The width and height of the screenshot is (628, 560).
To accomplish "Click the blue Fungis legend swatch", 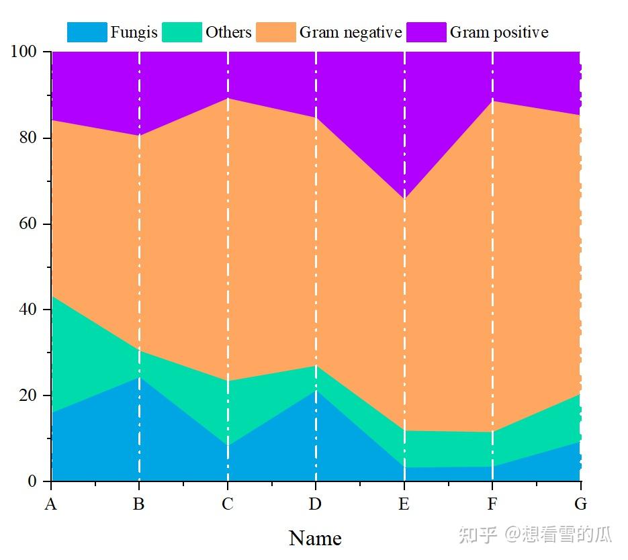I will [x=87, y=32].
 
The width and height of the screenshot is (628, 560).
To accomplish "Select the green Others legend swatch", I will [x=182, y=32].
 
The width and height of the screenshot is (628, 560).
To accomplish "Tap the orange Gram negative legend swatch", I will [x=275, y=32].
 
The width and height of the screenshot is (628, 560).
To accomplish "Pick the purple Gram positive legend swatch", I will [x=427, y=32].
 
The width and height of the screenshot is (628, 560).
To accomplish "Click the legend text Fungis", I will [x=134, y=32].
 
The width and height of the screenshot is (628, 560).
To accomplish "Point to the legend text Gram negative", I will [x=351, y=32].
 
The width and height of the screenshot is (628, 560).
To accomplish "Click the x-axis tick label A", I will [x=50, y=504].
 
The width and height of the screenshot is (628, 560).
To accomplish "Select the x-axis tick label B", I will [x=139, y=504].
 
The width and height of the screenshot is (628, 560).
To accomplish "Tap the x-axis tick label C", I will [x=228, y=504].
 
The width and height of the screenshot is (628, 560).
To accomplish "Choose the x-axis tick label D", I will [x=316, y=504].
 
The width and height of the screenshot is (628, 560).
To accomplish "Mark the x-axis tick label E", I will [x=404, y=504].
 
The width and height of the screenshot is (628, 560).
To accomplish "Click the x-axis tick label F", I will [x=492, y=504].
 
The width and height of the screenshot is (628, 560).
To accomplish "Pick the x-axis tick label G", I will [x=581, y=504].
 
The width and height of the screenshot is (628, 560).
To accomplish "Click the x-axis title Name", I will [x=315, y=538].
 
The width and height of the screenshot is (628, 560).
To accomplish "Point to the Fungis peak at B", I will [x=139, y=377].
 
